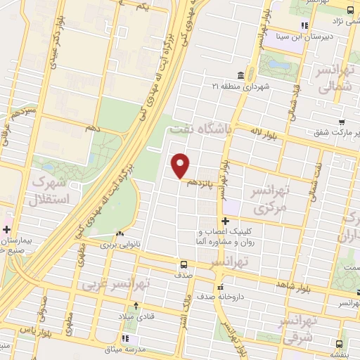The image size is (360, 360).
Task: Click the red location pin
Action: click(181, 165)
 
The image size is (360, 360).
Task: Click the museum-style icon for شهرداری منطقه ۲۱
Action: click(240, 75)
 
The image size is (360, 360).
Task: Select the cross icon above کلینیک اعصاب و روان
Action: click(225, 221)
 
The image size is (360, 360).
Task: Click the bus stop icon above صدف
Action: click(183, 266)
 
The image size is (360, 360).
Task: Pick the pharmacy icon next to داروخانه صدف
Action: click(221, 288)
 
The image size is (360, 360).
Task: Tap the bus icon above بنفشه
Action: click(340, 345)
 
